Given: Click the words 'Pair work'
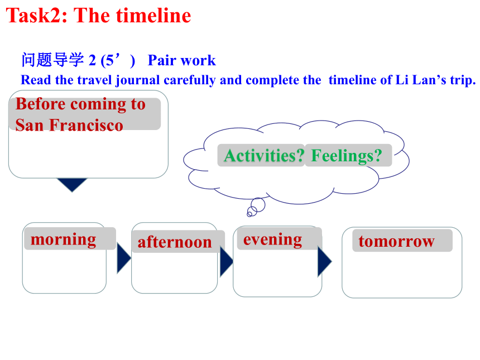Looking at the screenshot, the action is (181, 60).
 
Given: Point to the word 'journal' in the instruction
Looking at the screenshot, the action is (138, 80).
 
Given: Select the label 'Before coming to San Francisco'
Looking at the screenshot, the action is (80, 114).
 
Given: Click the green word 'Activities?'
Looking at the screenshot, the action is (264, 156).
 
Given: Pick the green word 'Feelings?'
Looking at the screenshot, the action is (347, 156).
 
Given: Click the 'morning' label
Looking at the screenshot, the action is (64, 239).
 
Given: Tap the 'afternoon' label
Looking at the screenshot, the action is (175, 242).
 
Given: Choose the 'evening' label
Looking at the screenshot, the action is (273, 239).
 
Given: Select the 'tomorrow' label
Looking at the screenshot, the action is (396, 241).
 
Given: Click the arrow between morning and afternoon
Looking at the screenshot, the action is (123, 258).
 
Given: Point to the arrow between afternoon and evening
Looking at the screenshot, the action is (226, 262).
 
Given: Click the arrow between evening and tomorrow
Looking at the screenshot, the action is (324, 262).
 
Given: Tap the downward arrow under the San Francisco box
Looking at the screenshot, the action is (72, 184).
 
